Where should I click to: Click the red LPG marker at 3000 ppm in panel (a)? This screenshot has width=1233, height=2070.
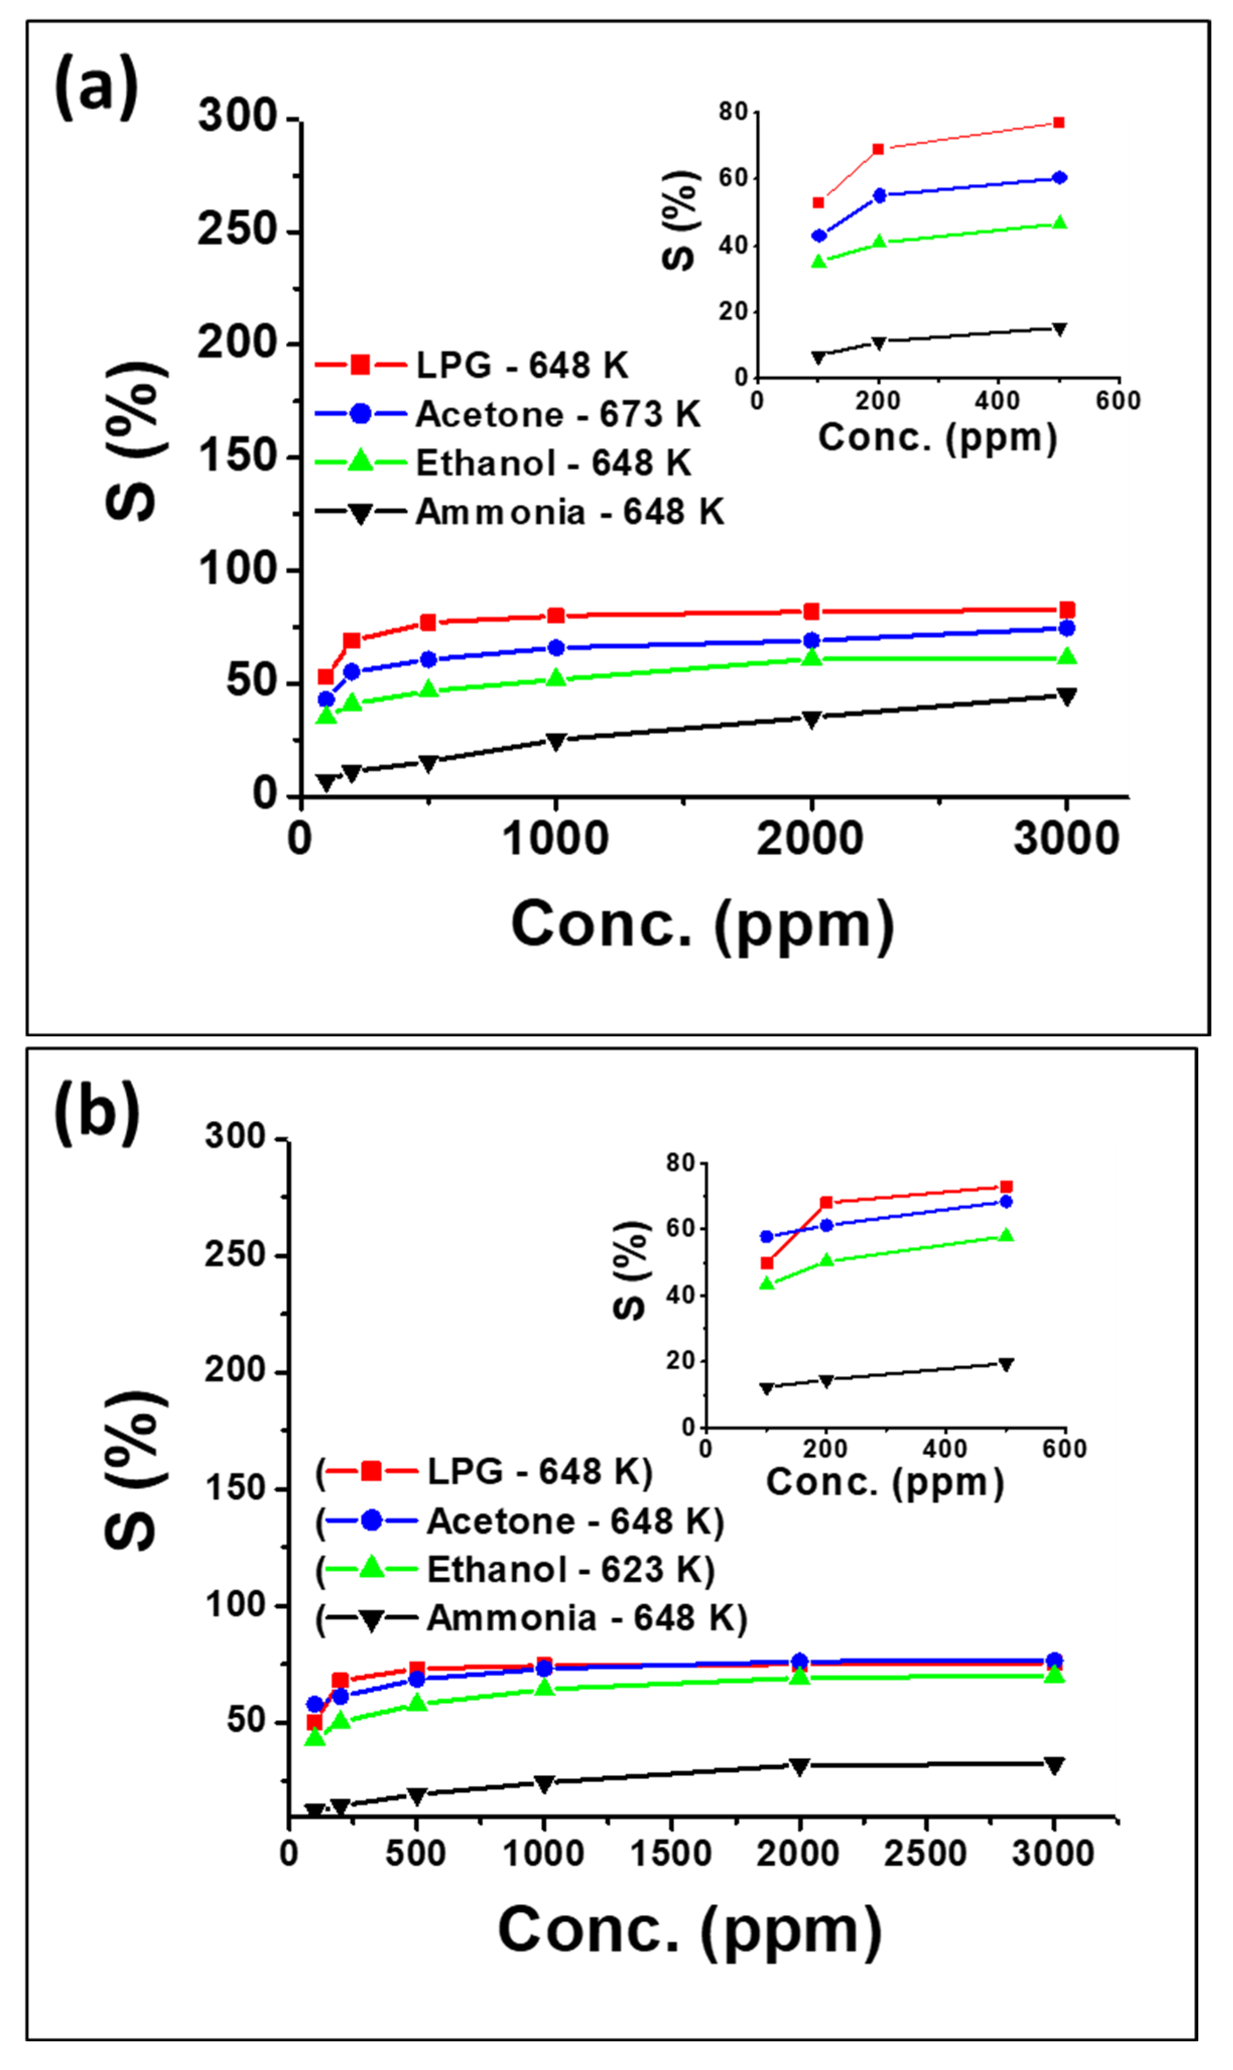[1067, 610]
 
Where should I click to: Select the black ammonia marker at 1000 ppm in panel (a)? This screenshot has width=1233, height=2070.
[556, 741]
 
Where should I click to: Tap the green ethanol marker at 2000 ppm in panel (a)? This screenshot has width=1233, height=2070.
[812, 657]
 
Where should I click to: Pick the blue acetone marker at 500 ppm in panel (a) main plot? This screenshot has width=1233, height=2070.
[428, 659]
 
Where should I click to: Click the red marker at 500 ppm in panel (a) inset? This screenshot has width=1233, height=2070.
[1059, 123]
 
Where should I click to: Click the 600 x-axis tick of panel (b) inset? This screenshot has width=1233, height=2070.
[1065, 1449]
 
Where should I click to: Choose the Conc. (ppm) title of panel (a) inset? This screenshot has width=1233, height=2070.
[937, 437]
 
